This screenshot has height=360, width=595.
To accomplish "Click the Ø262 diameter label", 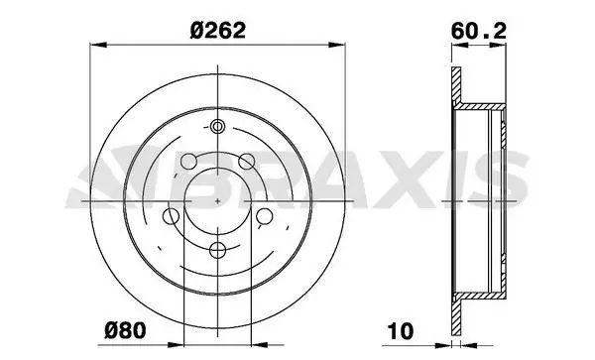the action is click(218, 30).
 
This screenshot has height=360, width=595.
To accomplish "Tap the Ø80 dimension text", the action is click(125, 330).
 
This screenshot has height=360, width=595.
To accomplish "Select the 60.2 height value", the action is click(479, 31).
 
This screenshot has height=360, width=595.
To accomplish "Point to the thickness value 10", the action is click(401, 331).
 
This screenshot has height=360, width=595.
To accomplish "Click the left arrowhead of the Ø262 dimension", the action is click(98, 45).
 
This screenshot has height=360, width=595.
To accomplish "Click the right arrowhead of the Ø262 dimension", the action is click(337, 45).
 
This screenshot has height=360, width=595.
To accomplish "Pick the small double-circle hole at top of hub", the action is click(217, 126).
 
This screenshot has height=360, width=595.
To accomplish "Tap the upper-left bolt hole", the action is click(188, 162).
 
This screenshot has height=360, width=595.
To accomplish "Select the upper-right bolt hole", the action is click(246, 162).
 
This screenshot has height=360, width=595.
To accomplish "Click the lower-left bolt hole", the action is click(171, 216).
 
